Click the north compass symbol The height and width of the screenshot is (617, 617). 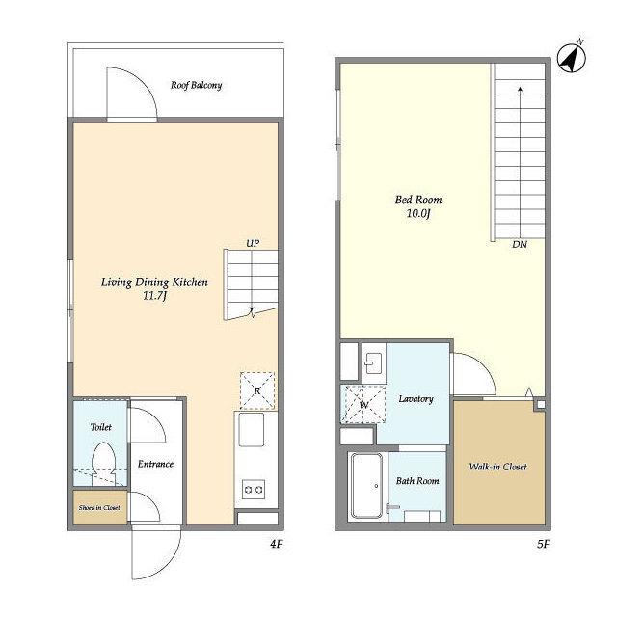(x=572, y=58)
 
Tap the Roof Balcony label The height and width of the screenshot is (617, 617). (x=196, y=85)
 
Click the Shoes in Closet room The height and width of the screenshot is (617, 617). (x=100, y=507)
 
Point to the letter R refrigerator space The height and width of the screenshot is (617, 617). (x=257, y=390)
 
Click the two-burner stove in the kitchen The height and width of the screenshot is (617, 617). (x=254, y=490)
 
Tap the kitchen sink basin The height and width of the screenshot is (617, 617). (x=252, y=429)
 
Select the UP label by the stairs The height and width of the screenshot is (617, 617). (x=253, y=243)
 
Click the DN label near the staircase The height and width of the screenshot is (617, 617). (x=520, y=244)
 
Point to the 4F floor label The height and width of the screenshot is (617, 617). (x=277, y=544)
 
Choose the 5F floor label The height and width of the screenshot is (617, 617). (x=543, y=544)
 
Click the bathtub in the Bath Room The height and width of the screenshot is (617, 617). (x=366, y=486)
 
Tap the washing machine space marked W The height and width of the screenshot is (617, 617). (x=363, y=405)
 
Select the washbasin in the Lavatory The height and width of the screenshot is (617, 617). (x=374, y=362)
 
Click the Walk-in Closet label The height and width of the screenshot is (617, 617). (x=497, y=467)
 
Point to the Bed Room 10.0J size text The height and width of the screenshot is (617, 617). (x=418, y=214)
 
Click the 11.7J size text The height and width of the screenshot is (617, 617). (x=155, y=296)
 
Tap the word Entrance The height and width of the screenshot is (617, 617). (x=155, y=464)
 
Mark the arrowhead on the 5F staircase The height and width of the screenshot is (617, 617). (x=521, y=89)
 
